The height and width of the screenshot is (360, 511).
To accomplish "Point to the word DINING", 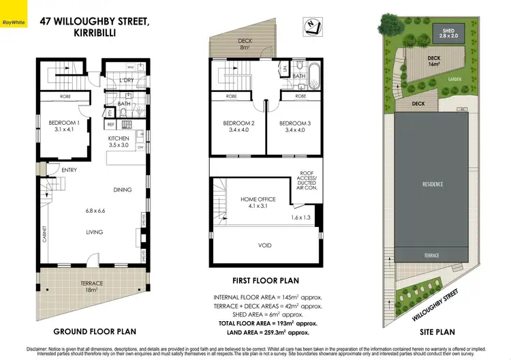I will coord(123,190).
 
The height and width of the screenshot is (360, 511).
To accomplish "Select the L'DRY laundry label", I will coord(126,81).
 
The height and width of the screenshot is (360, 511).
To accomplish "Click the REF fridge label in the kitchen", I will coord(110,125).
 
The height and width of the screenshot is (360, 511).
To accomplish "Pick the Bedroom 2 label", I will coord(238,127).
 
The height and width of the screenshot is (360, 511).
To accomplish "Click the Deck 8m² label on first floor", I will coord(245,44).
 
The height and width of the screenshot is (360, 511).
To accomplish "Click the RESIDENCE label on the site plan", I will coord(433,183).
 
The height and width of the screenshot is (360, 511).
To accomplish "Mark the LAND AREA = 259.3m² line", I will coord(266,332).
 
